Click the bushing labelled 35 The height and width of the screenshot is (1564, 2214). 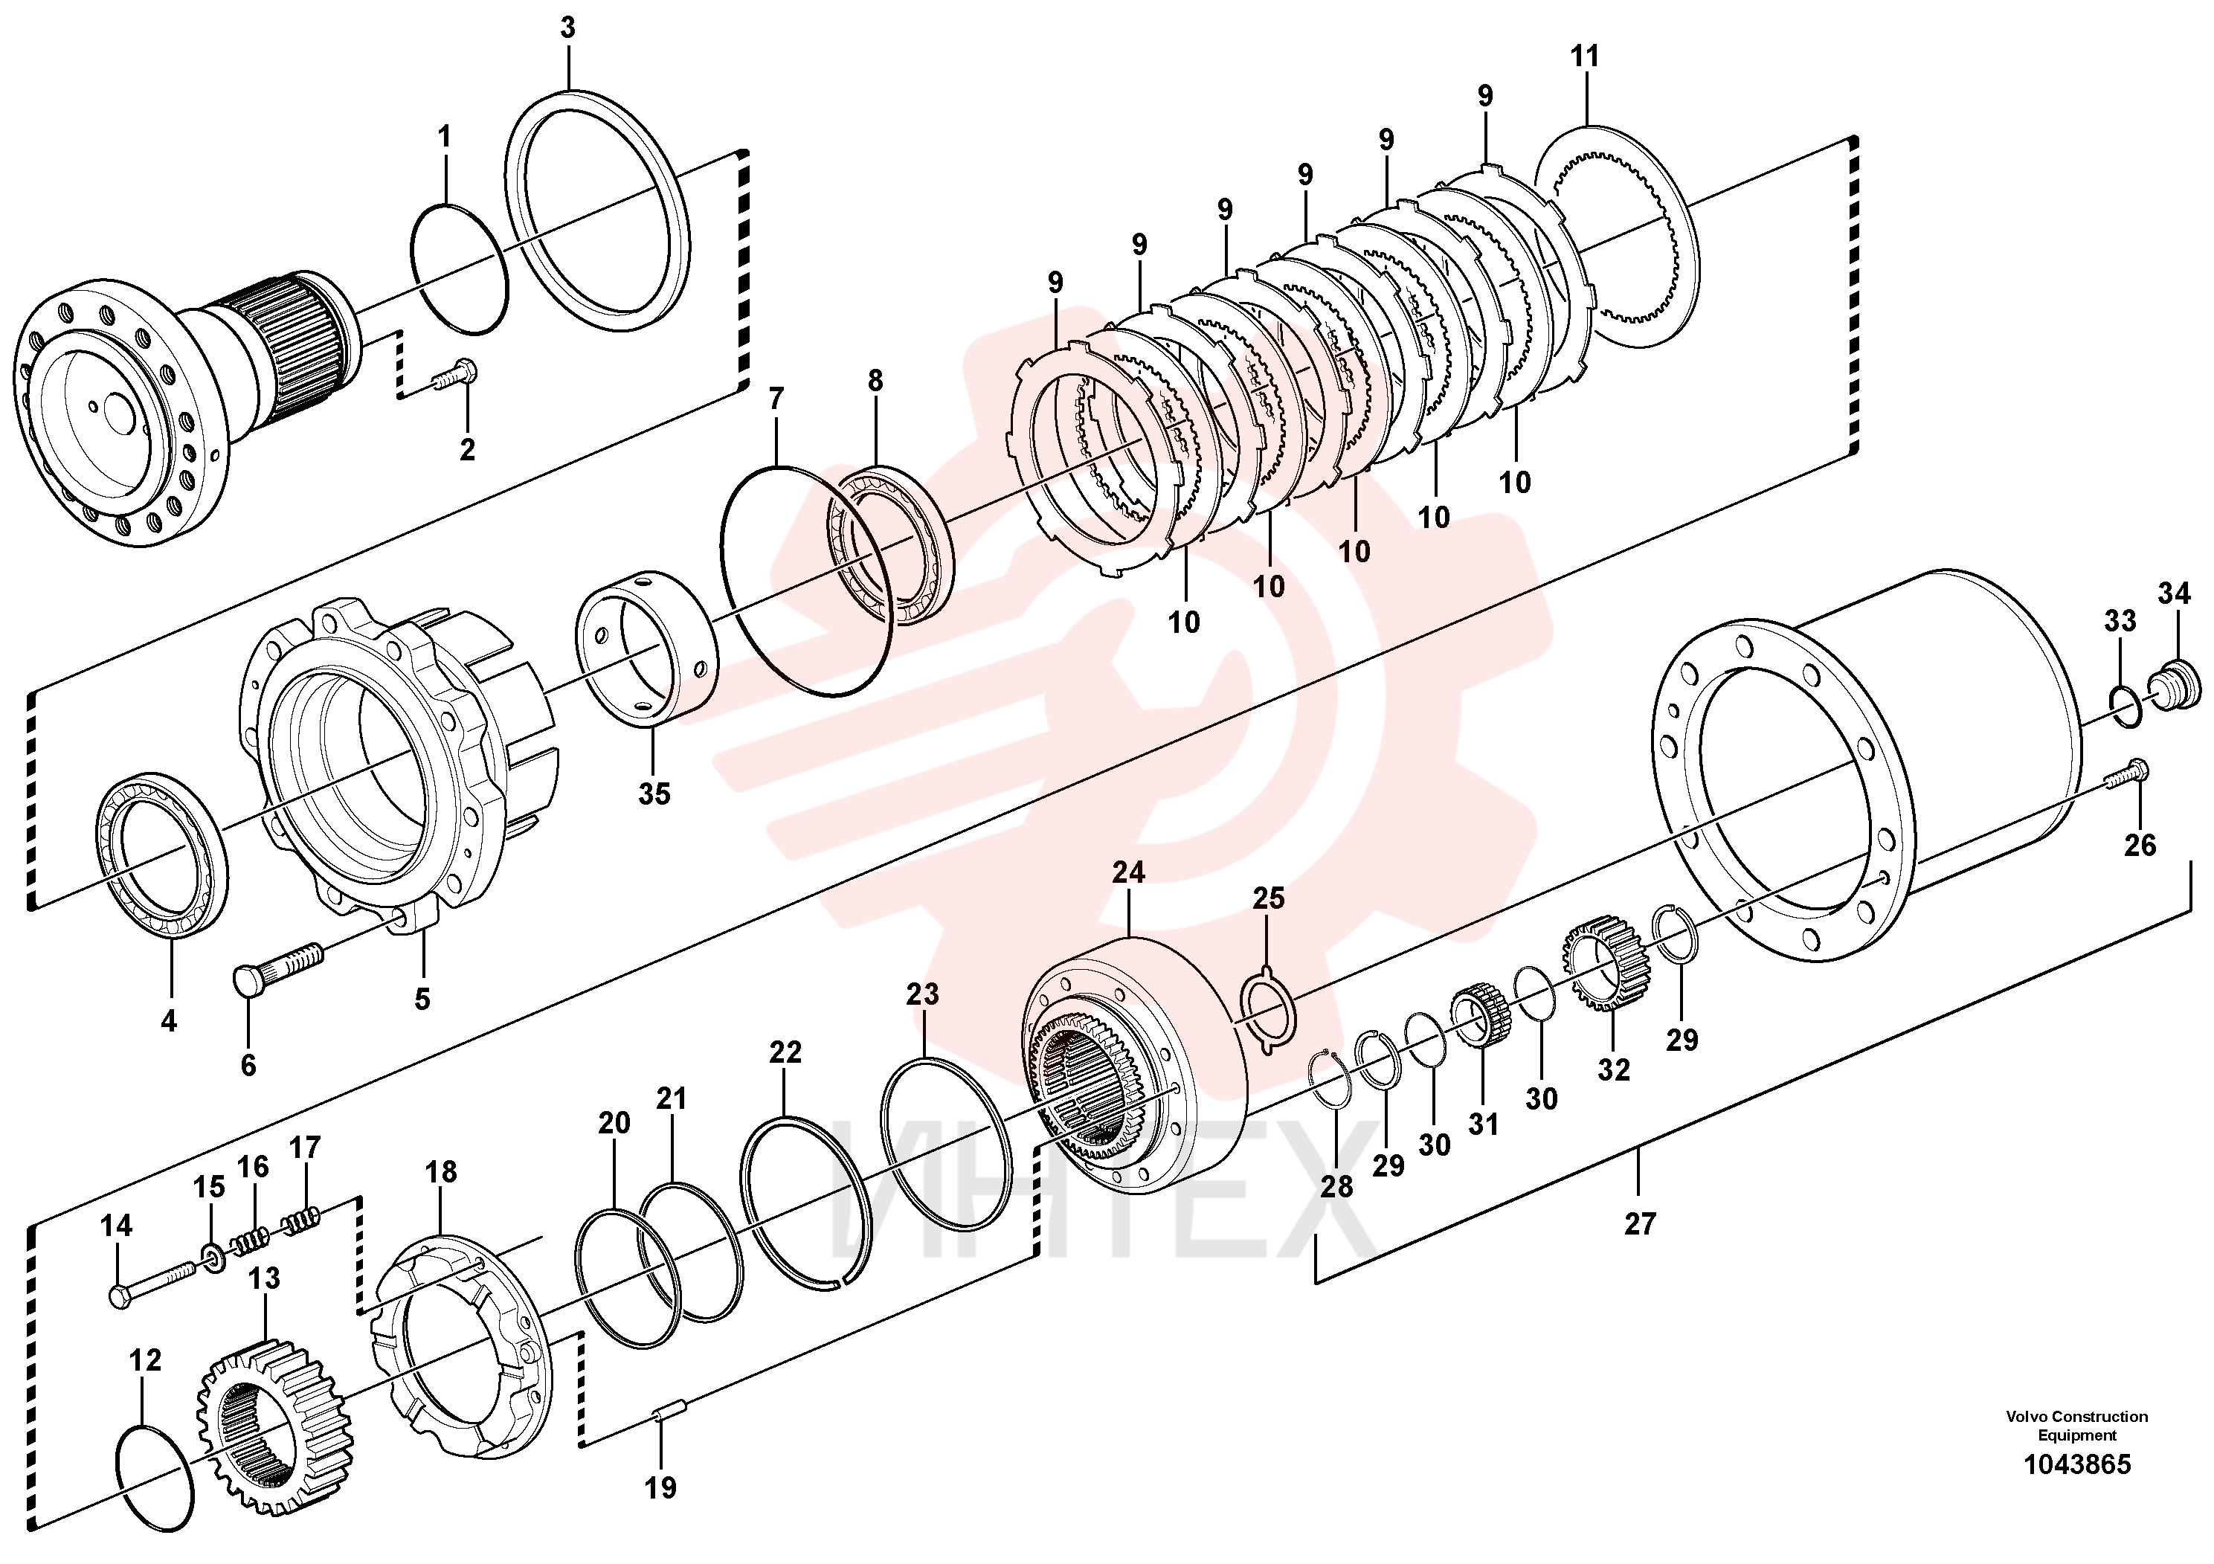[646, 645]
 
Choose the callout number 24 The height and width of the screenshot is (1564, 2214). [1128, 872]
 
